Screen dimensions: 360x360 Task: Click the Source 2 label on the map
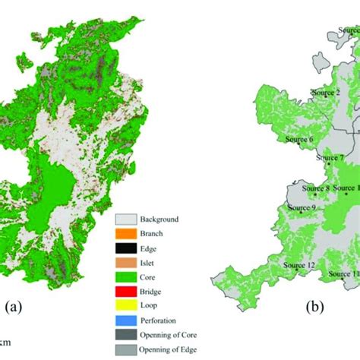pyautogui.click(x=326, y=93)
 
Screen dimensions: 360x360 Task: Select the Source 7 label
pyautogui.click(x=330, y=158)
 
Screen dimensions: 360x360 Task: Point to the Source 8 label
pyautogui.click(x=316, y=188)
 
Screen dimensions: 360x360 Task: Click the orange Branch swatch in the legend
pyautogui.click(x=125, y=233)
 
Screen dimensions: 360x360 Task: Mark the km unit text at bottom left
pyautogui.click(x=6, y=343)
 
